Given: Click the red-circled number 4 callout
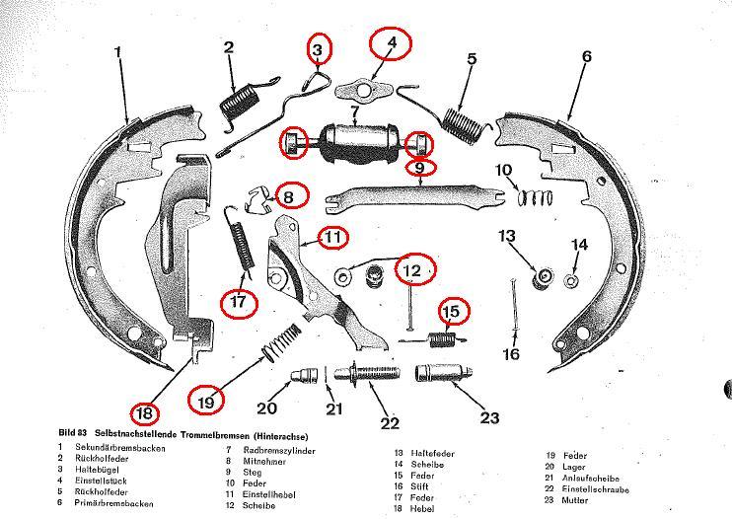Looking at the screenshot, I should [x=391, y=43].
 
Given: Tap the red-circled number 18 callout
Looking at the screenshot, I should [x=145, y=412].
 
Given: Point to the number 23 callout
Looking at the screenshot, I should [x=489, y=417].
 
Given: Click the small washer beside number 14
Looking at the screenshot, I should [x=571, y=280].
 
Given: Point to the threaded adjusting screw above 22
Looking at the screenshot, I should [x=368, y=377].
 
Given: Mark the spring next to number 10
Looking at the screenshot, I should [x=536, y=197].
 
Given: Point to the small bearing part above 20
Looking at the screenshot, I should [x=304, y=376].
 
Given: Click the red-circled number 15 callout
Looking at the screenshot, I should [x=450, y=312].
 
